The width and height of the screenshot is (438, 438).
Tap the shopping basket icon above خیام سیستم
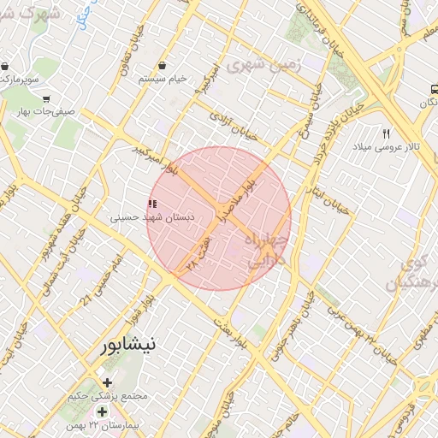(x=162, y=66)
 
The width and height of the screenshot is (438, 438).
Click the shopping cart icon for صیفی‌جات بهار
(x=45, y=98)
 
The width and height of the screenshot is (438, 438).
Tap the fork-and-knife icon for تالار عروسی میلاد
(x=386, y=134)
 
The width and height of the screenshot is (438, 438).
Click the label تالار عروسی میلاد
(x=388, y=147)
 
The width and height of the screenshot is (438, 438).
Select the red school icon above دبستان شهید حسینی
(x=152, y=204)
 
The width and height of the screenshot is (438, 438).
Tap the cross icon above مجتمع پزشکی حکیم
(x=107, y=382)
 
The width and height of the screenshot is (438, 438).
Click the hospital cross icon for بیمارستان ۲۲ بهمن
(x=104, y=412)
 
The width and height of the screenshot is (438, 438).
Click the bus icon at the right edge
(x=433, y=88)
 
